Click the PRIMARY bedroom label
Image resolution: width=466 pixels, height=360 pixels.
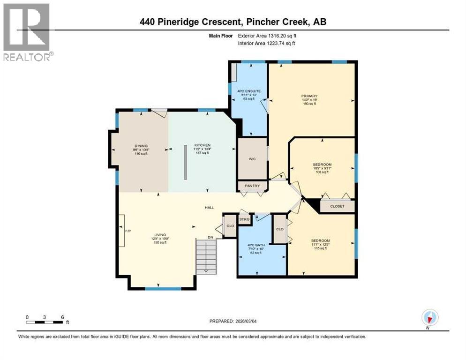[x=309, y=96]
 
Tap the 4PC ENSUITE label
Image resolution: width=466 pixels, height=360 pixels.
[x=246, y=91]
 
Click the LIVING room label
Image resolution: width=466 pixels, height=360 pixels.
[x=159, y=235]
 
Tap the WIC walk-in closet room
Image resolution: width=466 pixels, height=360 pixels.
[x=252, y=158]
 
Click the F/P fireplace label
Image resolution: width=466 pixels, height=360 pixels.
[x=127, y=231]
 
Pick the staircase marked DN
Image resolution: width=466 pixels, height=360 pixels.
[x=206, y=256]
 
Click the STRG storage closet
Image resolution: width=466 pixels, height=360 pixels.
[x=244, y=219]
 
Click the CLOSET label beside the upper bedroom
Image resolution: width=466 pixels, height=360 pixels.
[x=337, y=206]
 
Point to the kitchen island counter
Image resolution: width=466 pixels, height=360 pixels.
[x=186, y=162]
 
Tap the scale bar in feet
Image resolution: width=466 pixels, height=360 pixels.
[x=45, y=322]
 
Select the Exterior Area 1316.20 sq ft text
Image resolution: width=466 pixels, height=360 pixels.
[x=266, y=36]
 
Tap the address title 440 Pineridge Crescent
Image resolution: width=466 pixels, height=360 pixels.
[x=233, y=22]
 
